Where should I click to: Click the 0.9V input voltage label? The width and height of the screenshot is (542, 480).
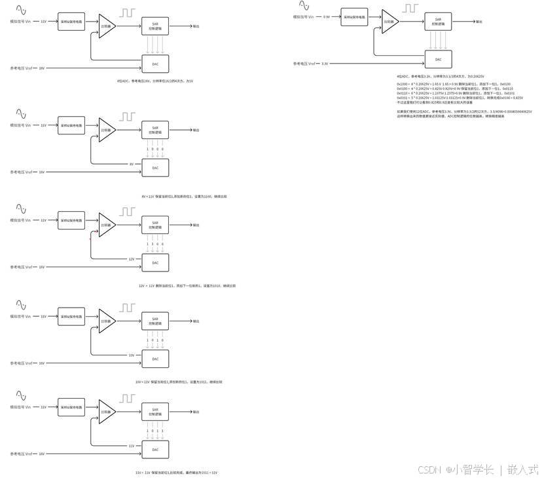pos(327,17)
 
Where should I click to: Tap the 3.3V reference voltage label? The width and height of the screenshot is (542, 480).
pos(325,64)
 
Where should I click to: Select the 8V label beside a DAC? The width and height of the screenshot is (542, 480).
pos(131,164)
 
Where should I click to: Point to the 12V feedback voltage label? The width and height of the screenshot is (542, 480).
pos(131,259)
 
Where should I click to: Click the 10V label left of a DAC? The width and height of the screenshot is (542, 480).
pos(131,355)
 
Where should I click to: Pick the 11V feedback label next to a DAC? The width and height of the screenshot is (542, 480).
pos(131,446)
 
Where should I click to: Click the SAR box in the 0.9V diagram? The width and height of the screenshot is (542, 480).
pos(438,22)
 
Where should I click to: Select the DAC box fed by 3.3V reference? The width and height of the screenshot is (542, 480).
pos(438,60)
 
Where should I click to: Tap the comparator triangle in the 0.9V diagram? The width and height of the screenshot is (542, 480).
pos(389,21)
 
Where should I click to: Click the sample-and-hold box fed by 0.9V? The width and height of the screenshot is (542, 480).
pos(354,17)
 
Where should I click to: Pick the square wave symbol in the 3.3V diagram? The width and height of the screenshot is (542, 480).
pos(410,9)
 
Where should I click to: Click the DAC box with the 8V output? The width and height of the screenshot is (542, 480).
pos(155,168)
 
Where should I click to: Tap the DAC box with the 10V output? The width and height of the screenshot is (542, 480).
pos(155,359)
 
